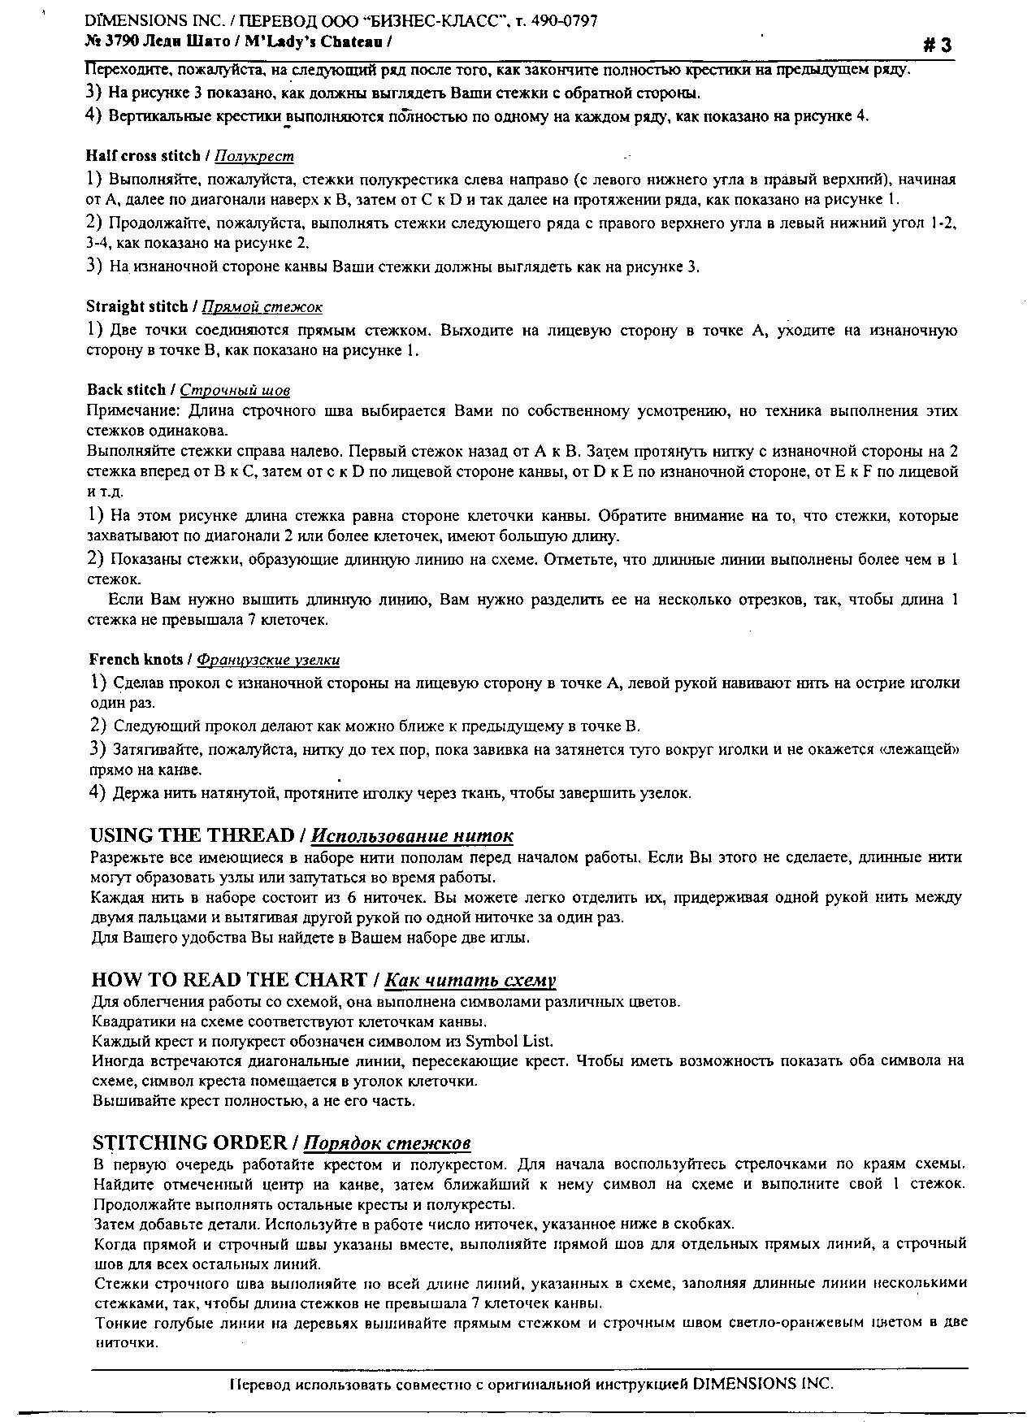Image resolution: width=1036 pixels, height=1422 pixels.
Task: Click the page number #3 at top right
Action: [937, 46]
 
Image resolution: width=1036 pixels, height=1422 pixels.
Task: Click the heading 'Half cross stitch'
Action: [142, 156]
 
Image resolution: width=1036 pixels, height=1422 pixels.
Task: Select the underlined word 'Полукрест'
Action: [256, 156]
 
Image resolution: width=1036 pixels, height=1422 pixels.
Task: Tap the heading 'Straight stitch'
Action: [137, 306]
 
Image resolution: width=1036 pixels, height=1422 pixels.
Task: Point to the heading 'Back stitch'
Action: [125, 390]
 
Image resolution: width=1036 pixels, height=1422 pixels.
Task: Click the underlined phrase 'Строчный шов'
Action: [235, 391]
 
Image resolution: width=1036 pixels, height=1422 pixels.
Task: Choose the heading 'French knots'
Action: [136, 659]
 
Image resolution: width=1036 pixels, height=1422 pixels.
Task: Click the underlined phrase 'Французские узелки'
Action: [268, 660]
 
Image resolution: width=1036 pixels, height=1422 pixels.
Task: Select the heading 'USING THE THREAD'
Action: [192, 835]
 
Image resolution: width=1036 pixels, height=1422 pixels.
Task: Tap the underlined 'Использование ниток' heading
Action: [412, 836]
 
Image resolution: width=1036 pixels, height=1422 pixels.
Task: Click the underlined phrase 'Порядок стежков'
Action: [387, 1143]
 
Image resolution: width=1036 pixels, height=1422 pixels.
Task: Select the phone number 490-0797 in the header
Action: [566, 21]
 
